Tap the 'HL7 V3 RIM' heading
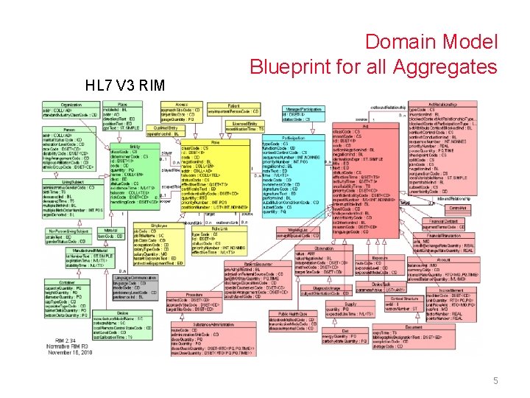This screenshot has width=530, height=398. click(x=125, y=85)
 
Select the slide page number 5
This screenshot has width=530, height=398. click(x=495, y=381)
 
